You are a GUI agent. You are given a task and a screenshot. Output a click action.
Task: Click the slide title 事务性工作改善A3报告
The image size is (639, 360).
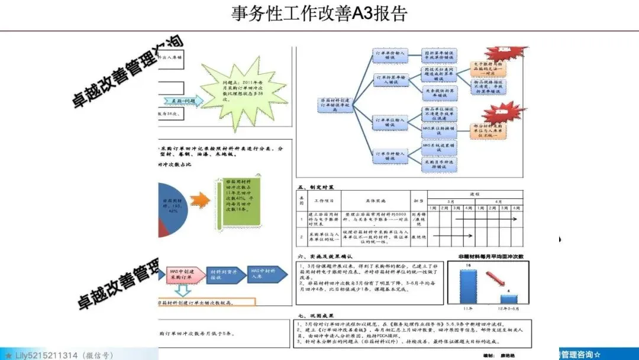tap(319, 14)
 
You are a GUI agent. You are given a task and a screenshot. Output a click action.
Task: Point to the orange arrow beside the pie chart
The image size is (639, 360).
tap(200, 200)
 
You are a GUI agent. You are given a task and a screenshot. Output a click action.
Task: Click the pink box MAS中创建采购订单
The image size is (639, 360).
tap(182, 273)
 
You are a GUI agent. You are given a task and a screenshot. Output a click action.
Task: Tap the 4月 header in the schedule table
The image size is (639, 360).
tap(498, 200)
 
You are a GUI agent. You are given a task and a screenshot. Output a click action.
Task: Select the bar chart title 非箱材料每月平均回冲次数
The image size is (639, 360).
tap(491, 257)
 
